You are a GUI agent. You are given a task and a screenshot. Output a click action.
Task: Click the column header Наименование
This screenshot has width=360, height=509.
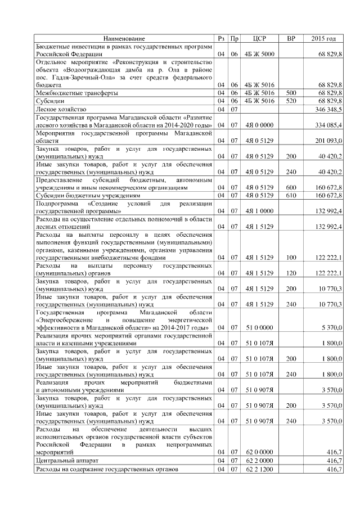pyautogui.click(x=124, y=38)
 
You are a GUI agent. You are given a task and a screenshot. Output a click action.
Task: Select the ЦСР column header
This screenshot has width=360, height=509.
pyautogui.click(x=260, y=38)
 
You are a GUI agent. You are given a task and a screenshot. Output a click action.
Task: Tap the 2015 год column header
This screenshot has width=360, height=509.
pyautogui.click(x=323, y=38)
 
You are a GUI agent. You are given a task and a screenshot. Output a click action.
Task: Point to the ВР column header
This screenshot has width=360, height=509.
pyautogui.click(x=291, y=38)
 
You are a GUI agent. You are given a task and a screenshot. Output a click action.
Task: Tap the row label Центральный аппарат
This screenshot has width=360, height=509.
pyautogui.click(x=66, y=460)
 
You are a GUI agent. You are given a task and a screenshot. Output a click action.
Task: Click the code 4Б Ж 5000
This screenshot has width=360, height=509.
pyautogui.click(x=259, y=53)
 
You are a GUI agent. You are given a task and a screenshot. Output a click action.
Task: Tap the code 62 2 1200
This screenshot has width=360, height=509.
pyautogui.click(x=259, y=469)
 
